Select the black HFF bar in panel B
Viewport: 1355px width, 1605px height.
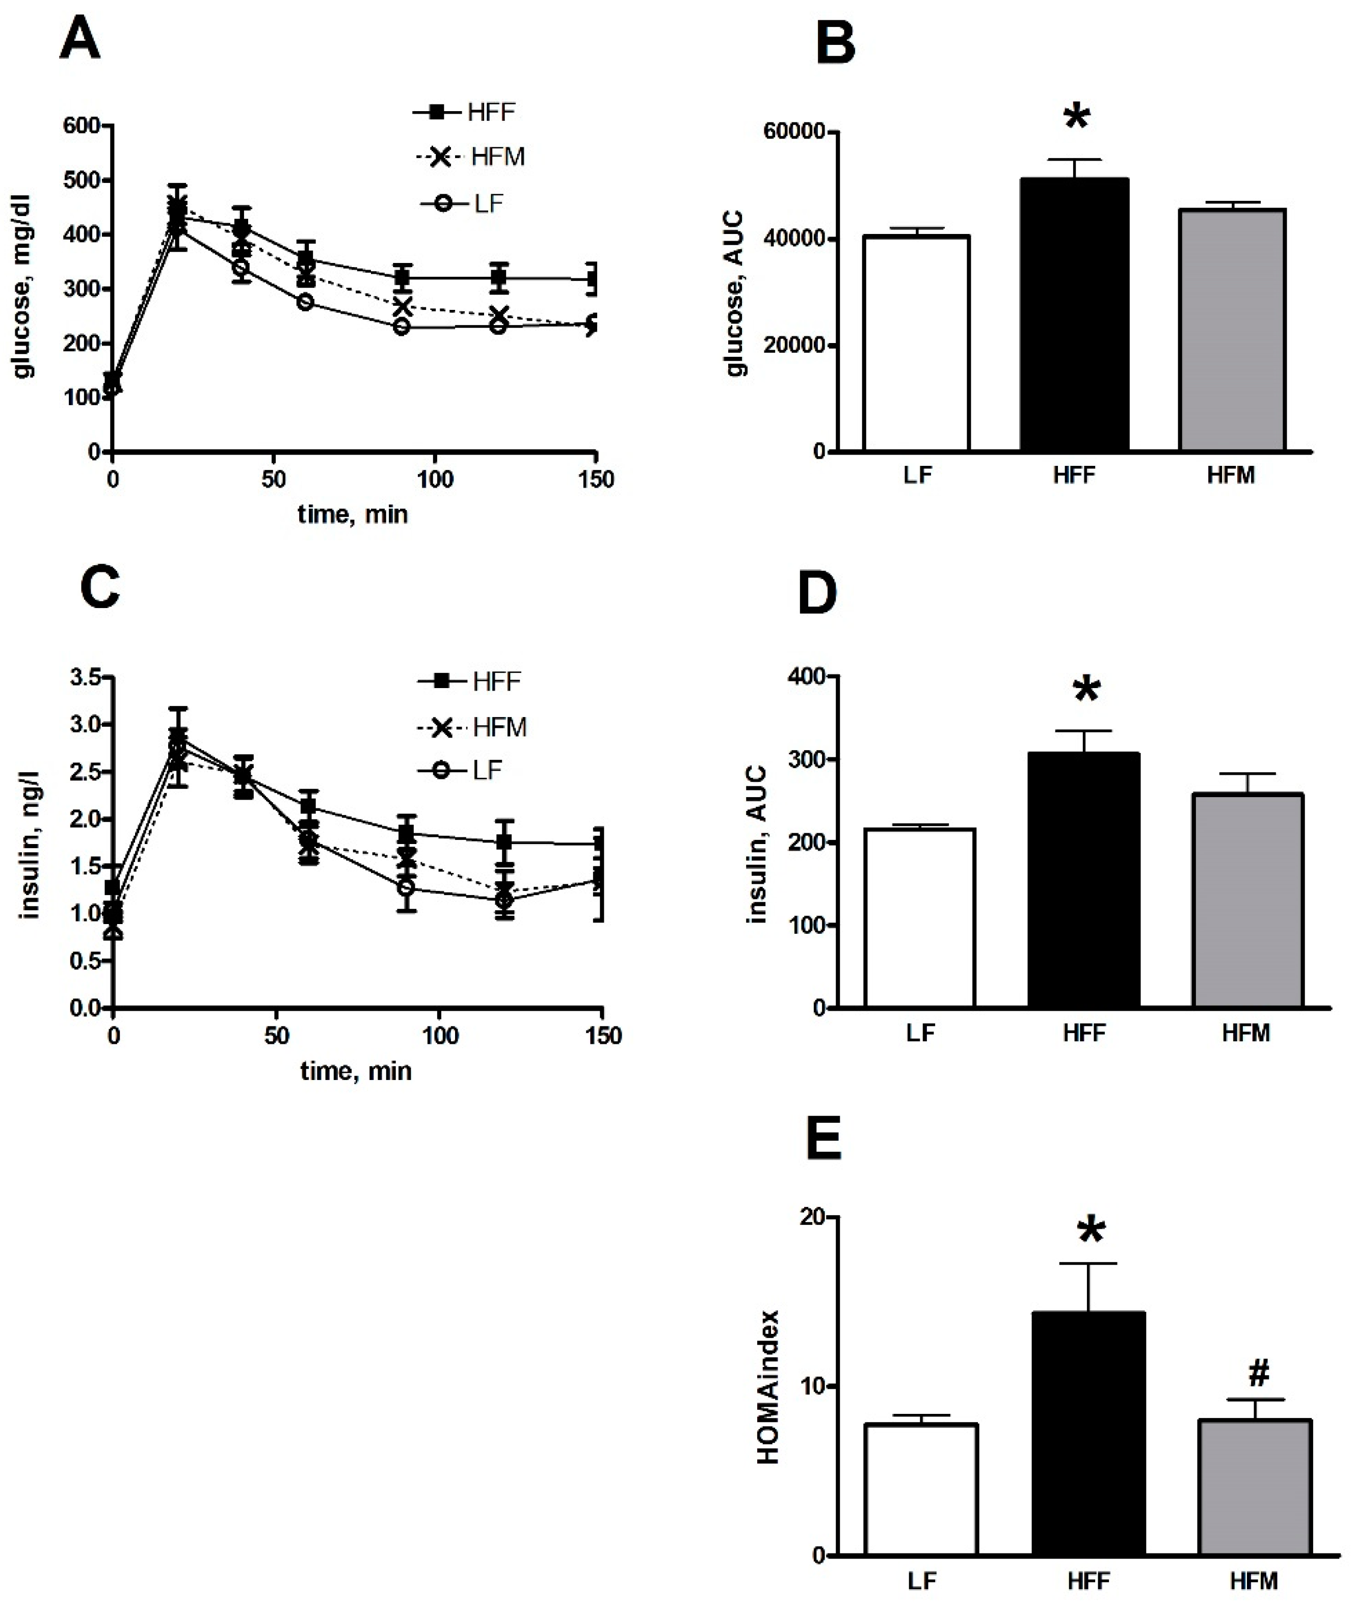coord(1074,315)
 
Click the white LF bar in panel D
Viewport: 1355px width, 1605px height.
coord(919,918)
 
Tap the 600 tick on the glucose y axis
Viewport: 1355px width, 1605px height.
coord(82,125)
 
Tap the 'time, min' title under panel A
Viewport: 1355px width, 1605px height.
coord(353,514)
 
